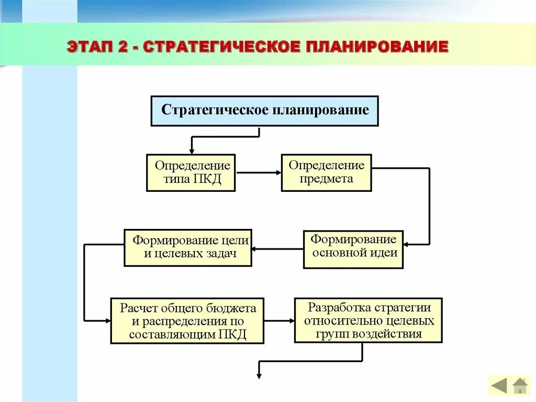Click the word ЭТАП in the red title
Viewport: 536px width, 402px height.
pos(88,47)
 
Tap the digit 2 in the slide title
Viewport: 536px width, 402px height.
pos(123,47)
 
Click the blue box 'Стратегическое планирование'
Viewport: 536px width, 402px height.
pos(264,111)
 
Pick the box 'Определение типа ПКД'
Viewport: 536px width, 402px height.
pos(191,172)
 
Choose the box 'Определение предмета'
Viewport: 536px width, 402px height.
pos(326,172)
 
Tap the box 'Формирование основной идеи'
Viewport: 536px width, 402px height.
pos(353,249)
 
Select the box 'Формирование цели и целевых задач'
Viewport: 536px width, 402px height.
pos(188,247)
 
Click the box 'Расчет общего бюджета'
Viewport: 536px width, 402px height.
pos(187,320)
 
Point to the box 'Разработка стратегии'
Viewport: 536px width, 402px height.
pos(368,320)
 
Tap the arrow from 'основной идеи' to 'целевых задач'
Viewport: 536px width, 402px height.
pos(277,249)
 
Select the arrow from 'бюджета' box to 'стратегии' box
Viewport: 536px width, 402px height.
pos(279,320)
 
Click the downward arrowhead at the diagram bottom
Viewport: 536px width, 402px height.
pos(259,374)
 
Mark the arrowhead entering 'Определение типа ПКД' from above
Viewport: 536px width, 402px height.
pos(192,150)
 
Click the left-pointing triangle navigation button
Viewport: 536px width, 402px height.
pos(498,386)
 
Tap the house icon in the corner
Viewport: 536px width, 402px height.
pos(520,386)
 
